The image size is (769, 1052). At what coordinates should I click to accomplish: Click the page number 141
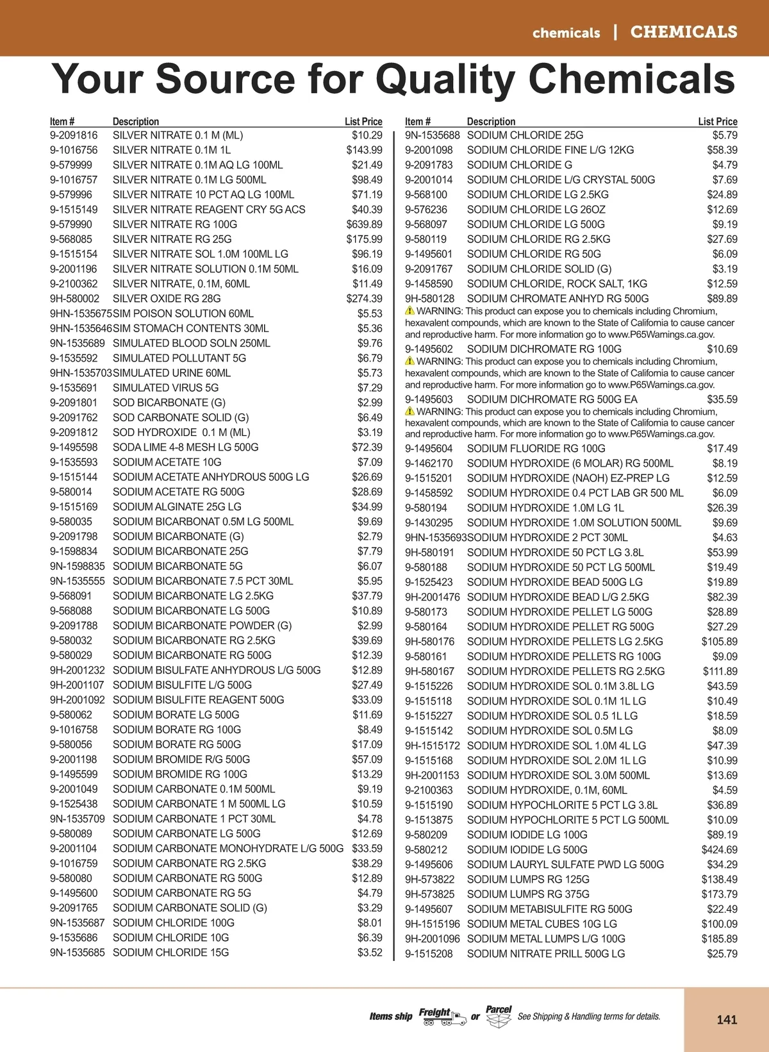coord(727,1019)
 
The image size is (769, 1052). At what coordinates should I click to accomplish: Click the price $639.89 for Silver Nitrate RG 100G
coord(364,224)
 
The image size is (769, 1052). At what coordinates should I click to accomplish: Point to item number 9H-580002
coord(75,299)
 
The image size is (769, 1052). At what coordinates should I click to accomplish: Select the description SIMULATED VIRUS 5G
coord(165,388)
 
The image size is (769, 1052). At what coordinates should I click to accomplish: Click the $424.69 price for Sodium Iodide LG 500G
coord(719,849)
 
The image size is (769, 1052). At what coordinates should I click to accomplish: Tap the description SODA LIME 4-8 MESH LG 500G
coord(185,447)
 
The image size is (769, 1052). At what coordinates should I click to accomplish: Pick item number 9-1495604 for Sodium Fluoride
coord(429,449)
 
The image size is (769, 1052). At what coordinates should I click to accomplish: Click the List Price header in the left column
coord(363,122)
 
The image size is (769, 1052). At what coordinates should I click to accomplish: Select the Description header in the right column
coord(491,122)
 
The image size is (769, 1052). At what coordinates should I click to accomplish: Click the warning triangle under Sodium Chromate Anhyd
coord(409,311)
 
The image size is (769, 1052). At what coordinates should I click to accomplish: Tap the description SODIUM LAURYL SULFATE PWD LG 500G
coord(565,864)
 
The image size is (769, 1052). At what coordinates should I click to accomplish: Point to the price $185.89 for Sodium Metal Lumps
coord(719,939)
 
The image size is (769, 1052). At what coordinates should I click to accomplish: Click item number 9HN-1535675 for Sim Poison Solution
coord(81,313)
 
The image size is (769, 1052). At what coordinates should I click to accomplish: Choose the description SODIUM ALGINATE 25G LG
coord(177,506)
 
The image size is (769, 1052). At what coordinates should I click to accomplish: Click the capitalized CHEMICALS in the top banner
coord(684,32)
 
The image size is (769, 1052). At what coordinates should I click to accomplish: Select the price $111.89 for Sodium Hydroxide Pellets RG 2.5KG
coord(720,671)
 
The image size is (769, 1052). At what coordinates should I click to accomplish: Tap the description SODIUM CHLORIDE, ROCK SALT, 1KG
coord(557,284)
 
